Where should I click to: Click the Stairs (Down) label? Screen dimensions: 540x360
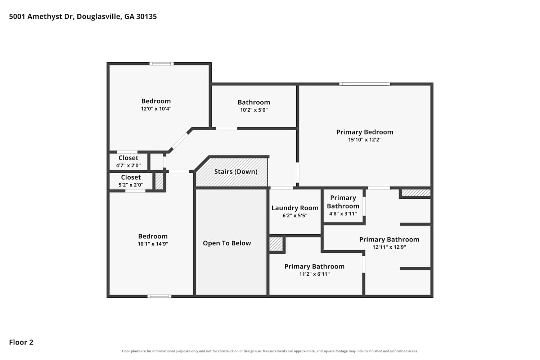click(236, 171)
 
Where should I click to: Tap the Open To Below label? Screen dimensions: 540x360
click(227, 243)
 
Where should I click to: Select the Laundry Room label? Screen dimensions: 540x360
click(295, 208)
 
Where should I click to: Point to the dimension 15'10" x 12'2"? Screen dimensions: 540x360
click(365, 140)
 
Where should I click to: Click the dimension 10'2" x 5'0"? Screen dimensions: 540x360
click(254, 110)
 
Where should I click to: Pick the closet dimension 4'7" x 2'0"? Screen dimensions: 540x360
click(128, 165)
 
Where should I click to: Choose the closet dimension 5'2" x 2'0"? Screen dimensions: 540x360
click(131, 185)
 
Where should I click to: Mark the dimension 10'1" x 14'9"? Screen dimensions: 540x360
click(153, 244)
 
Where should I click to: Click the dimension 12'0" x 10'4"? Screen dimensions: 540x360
click(156, 109)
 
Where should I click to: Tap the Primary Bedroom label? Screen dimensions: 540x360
click(365, 132)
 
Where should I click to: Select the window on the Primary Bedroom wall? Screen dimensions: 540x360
click(364, 84)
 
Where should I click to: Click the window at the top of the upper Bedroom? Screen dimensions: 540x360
click(162, 64)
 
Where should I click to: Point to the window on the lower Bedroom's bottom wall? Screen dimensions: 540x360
click(159, 296)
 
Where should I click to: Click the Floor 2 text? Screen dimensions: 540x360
click(21, 342)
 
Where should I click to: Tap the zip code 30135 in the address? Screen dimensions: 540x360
click(146, 17)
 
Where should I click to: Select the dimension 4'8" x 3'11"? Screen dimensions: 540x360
click(343, 213)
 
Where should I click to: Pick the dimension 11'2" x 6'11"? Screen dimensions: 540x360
click(314, 274)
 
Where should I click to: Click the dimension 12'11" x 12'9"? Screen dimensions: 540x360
click(389, 247)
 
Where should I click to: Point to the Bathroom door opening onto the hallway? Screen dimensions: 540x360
click(226, 129)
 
